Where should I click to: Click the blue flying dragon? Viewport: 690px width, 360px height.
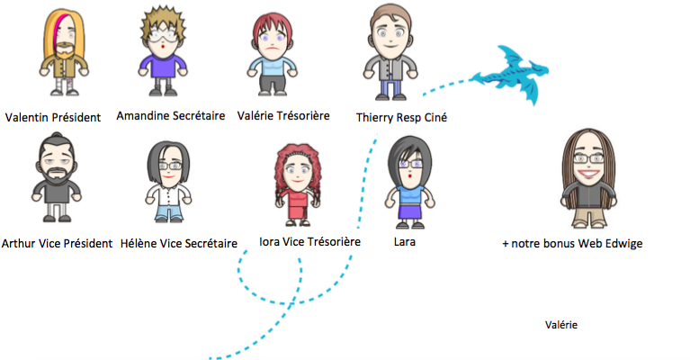click(x=510, y=75)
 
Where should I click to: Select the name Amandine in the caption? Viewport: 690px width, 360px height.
click(x=142, y=116)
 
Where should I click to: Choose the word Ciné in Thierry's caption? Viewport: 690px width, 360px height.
click(x=435, y=118)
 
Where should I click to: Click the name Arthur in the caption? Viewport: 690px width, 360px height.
click(x=16, y=243)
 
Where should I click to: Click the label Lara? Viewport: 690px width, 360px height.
click(x=405, y=241)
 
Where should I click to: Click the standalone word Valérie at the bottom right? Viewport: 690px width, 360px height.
click(x=561, y=325)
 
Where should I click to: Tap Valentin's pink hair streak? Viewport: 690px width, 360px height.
click(x=60, y=30)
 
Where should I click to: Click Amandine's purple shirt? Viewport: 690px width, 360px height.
click(x=163, y=66)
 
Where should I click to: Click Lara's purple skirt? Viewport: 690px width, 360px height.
click(x=410, y=211)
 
